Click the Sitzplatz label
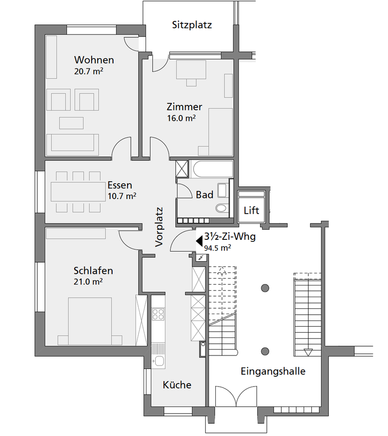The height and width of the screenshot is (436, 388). coord(192,25)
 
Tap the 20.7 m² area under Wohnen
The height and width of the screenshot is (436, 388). coord(89,71)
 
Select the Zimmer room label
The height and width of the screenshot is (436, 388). coord(184,106)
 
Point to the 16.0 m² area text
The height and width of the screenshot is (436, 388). coord(181,118)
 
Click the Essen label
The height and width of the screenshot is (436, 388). coord(120,185)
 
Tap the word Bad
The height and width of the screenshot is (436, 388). coord(204,195)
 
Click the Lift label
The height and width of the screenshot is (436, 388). coord(251,210)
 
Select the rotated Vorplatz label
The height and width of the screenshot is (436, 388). coord(159,227)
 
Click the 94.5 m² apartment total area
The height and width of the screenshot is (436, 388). coord(217,248)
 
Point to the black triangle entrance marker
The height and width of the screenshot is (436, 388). coord(199,241)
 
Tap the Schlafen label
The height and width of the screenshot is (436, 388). coord(93,270)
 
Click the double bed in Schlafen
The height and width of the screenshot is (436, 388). coord(90,321)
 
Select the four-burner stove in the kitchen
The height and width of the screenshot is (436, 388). coord(158,314)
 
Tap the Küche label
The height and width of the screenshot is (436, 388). coord(177,385)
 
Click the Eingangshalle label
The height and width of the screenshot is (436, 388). coord(273,371)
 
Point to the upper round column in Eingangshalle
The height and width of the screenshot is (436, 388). coord(265,288)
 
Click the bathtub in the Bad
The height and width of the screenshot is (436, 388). coord(211,169)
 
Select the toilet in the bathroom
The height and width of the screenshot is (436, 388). coord(223,208)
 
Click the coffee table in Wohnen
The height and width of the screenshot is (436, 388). coord(71,123)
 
